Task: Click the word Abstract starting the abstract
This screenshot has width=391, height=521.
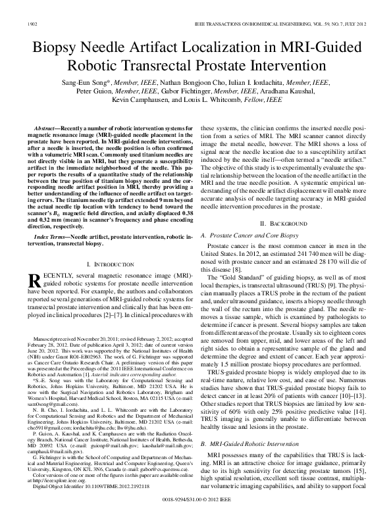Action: tap(43, 128)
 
